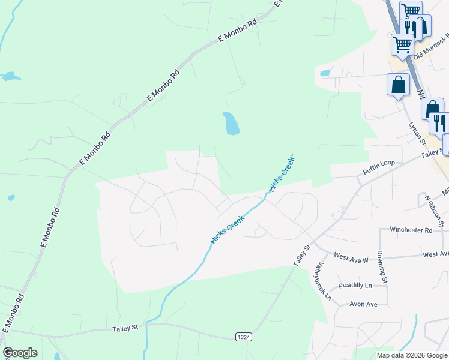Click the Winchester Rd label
[x=411, y=230]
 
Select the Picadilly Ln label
[x=355, y=286]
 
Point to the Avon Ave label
[x=363, y=304]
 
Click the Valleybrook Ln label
[x=324, y=281]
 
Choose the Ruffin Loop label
[x=379, y=170]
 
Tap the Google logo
[x=20, y=353]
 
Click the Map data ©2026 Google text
[x=412, y=355]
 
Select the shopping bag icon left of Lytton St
[x=398, y=85]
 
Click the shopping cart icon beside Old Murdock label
[x=402, y=44]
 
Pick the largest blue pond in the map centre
[x=231, y=124]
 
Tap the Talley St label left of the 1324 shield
[x=125, y=328]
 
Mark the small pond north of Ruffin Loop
[x=325, y=73]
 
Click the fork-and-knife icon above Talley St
[x=439, y=123]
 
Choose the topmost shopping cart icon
[x=411, y=10]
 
